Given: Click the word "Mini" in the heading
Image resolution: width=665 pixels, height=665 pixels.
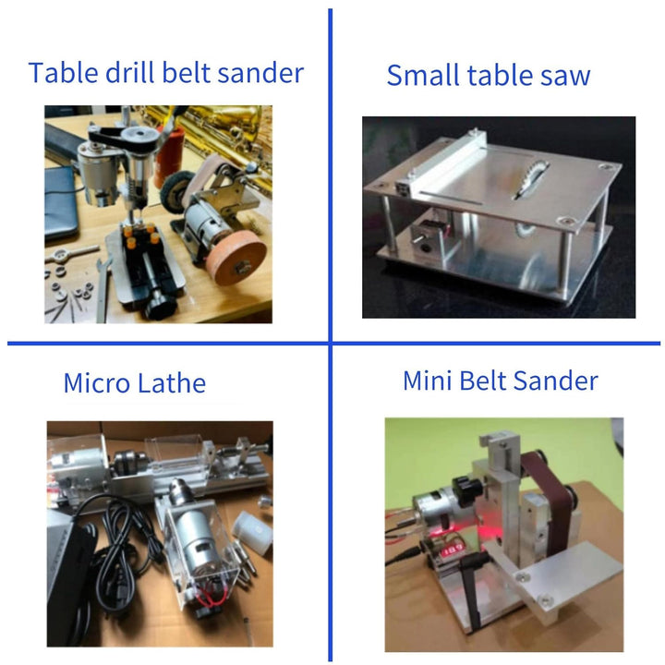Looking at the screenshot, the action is pos(427,380).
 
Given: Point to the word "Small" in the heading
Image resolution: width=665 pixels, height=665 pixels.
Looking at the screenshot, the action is pos(424,75).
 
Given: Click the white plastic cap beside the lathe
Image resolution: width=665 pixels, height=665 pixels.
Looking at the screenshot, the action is pos(253,531).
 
